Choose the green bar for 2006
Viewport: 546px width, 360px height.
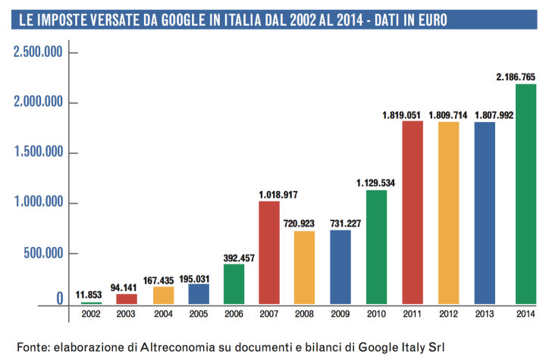tap(234, 284)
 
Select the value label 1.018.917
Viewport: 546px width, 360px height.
tap(269, 194)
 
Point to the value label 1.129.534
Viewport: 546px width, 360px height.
tap(377, 183)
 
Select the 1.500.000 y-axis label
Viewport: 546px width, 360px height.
tap(37, 152)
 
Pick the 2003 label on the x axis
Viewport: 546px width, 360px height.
tap(127, 313)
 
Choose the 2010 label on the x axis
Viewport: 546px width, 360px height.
tap(376, 313)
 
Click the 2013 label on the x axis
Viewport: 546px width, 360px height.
tap(483, 313)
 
